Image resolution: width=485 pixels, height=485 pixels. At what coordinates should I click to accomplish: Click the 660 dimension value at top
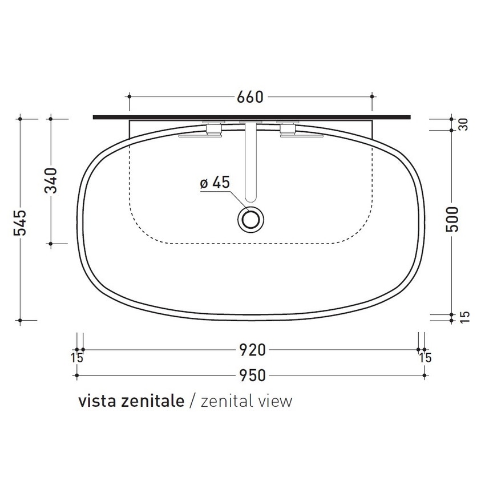pos(251,98)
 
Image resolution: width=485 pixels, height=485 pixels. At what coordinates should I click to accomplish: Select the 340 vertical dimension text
pos(52,181)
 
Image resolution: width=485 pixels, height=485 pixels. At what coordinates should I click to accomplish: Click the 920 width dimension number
pos(251,349)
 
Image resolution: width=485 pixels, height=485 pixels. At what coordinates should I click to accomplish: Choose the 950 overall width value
pos(251,375)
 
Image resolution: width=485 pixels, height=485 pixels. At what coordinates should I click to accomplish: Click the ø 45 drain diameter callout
pos(215,183)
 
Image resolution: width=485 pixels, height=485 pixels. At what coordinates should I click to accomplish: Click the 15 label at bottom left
pos(78,358)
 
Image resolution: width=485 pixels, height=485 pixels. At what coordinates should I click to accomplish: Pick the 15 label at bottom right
pos(425,358)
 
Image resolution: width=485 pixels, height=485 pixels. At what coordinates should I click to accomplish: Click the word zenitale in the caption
pos(152,401)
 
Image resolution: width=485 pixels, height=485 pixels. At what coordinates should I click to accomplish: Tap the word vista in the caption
pos(97,401)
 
